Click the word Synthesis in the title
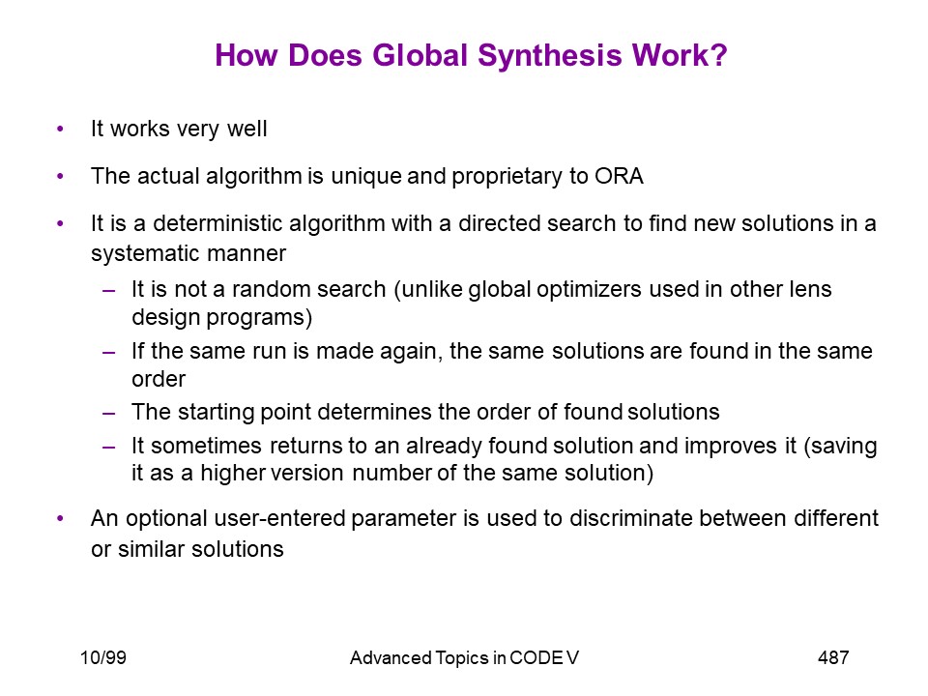point(550,57)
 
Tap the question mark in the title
point(718,55)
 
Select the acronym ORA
point(619,176)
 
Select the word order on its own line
point(159,379)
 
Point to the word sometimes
point(206,446)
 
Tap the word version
point(307,474)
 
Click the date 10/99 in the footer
point(103,657)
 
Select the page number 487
point(833,657)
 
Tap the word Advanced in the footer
point(391,658)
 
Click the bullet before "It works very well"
point(60,129)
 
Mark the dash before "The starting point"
point(108,413)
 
